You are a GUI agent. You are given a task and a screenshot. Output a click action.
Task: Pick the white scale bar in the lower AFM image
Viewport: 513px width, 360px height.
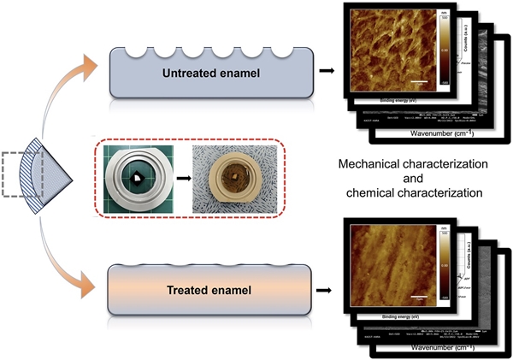point(419,298)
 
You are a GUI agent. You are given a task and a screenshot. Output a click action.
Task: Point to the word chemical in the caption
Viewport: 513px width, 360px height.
point(371,194)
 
